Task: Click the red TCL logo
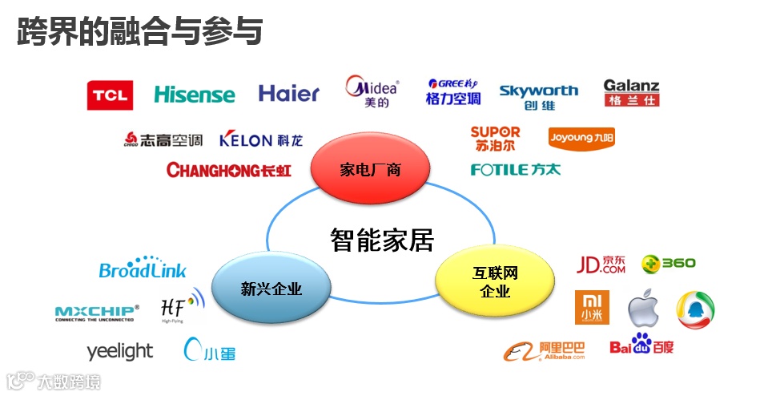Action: click(x=110, y=95)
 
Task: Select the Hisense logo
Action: click(x=194, y=95)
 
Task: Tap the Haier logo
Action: click(x=288, y=94)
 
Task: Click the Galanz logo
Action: click(x=631, y=93)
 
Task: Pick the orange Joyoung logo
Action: click(x=581, y=138)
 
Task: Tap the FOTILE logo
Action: click(x=516, y=169)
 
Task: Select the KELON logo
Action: click(x=261, y=139)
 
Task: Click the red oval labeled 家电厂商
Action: click(x=370, y=169)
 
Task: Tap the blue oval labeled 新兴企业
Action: click(x=271, y=289)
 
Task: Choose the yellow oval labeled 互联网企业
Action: click(x=495, y=283)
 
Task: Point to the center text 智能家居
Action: click(x=382, y=239)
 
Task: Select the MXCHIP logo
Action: click(x=97, y=312)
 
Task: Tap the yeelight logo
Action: click(x=119, y=351)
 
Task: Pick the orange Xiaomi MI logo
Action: click(x=592, y=307)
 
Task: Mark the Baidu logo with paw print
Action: click(x=641, y=345)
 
